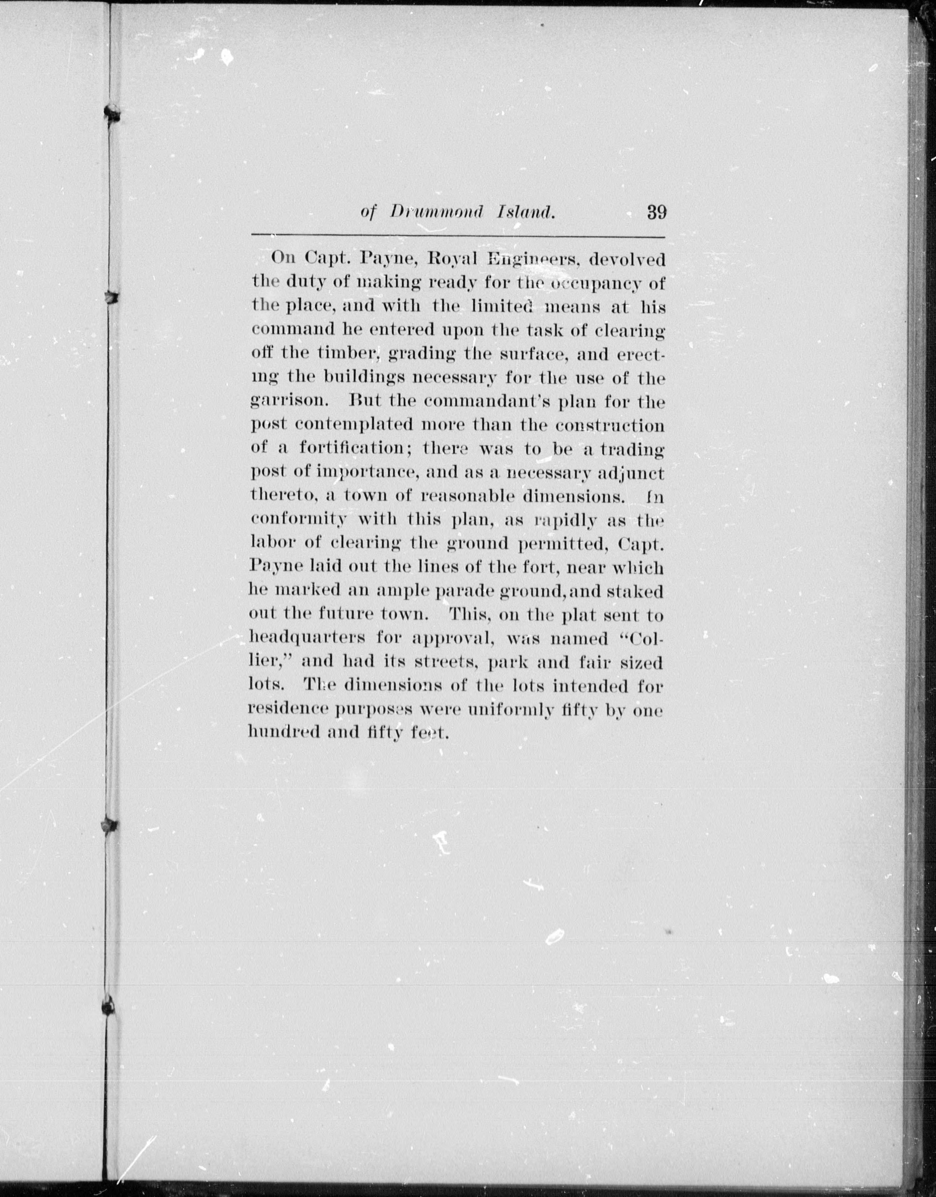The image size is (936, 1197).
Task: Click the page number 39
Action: [656, 212]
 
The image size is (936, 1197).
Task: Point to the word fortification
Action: [359, 448]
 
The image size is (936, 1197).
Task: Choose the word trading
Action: [632, 449]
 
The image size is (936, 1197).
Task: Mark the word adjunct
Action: [631, 473]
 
